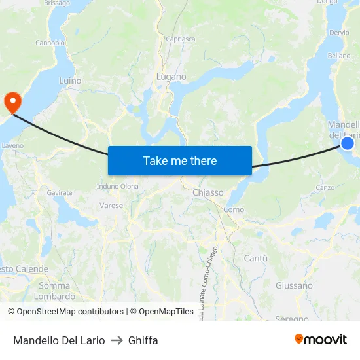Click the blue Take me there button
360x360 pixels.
180,160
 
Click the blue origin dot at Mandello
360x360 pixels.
348,143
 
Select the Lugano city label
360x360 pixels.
171,77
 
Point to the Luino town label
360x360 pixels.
70,81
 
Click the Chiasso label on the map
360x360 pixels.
208,192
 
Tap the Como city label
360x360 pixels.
234,209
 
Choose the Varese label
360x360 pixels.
111,205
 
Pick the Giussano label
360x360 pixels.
294,285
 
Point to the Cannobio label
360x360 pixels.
50,43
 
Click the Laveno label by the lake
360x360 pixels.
12,145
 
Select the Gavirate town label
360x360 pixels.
60,193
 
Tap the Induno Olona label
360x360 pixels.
118,186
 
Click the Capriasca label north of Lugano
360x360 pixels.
180,39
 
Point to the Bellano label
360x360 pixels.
339,56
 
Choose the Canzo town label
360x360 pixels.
325,187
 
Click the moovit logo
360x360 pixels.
321,339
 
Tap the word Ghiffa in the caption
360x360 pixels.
143,340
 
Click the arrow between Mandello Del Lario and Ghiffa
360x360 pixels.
117,340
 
